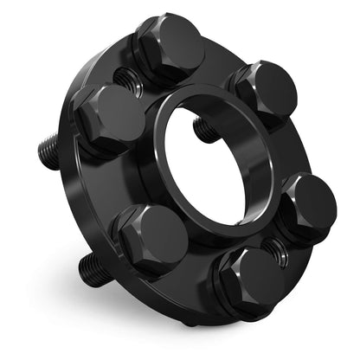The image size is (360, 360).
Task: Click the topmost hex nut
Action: coord(170,48)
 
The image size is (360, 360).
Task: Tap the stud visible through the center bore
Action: coord(204,131)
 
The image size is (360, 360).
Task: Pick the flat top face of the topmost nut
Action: coord(178,43)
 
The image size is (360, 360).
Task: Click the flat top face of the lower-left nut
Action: coord(161,234)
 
